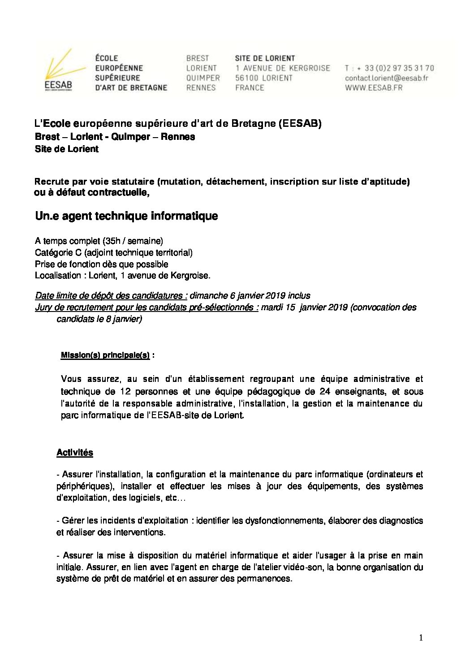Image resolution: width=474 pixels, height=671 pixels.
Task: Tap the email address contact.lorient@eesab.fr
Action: tap(386, 78)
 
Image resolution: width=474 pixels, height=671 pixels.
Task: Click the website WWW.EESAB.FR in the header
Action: tap(373, 88)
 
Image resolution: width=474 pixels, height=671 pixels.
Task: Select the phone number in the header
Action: tap(399, 68)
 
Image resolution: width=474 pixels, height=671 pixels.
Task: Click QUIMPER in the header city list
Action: tap(203, 78)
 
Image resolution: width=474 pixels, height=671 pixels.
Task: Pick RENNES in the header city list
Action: tap(201, 88)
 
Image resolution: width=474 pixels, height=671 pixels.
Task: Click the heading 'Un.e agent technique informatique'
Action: tap(126, 216)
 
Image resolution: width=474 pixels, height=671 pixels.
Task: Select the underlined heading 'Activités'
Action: tap(75, 453)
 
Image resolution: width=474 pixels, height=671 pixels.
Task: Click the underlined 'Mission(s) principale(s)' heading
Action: tap(105, 355)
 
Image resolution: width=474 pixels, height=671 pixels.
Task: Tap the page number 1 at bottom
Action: tap(421, 638)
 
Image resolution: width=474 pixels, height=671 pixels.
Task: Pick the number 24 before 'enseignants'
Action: tap(325, 392)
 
